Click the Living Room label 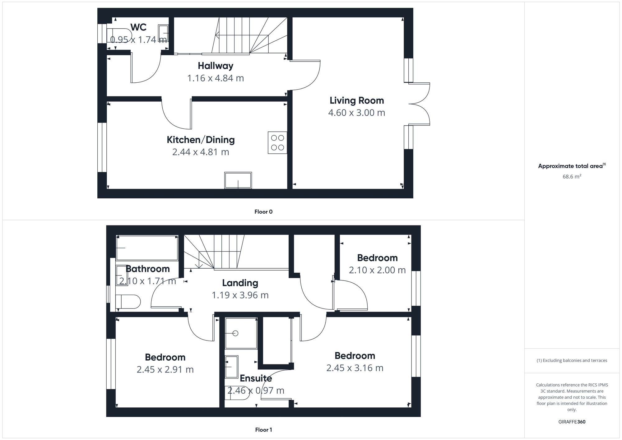[x=357, y=100]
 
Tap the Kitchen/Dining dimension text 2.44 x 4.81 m [x=201, y=152]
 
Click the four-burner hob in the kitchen [x=277, y=143]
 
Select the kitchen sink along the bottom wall [x=238, y=180]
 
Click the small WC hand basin [x=164, y=33]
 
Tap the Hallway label [x=216, y=66]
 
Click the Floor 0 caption [x=263, y=212]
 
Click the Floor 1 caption [x=263, y=430]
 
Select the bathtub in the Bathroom [x=147, y=248]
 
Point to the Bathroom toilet [x=128, y=302]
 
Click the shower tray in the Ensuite [x=241, y=333]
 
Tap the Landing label [x=240, y=283]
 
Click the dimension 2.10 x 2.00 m [x=377, y=270]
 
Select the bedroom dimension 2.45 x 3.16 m [x=355, y=368]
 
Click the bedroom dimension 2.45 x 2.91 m [x=165, y=369]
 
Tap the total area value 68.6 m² [x=572, y=176]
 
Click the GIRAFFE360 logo [x=572, y=422]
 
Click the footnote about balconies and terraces [x=572, y=360]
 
